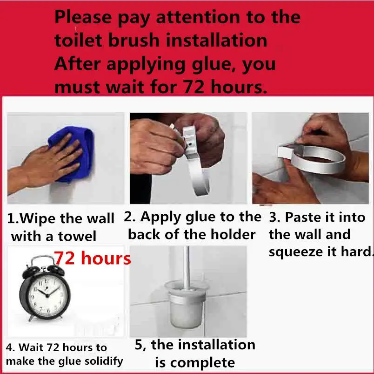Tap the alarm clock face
pyautogui.click(x=47, y=295)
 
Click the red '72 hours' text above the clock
pyautogui.click(x=93, y=258)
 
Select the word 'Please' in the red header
pyautogui.click(x=83, y=17)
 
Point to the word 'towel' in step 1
pyautogui.click(x=77, y=237)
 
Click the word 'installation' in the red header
pyautogui.click(x=217, y=40)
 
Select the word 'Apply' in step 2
pyautogui.click(x=161, y=218)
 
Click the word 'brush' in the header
pyautogui.click(x=134, y=40)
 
